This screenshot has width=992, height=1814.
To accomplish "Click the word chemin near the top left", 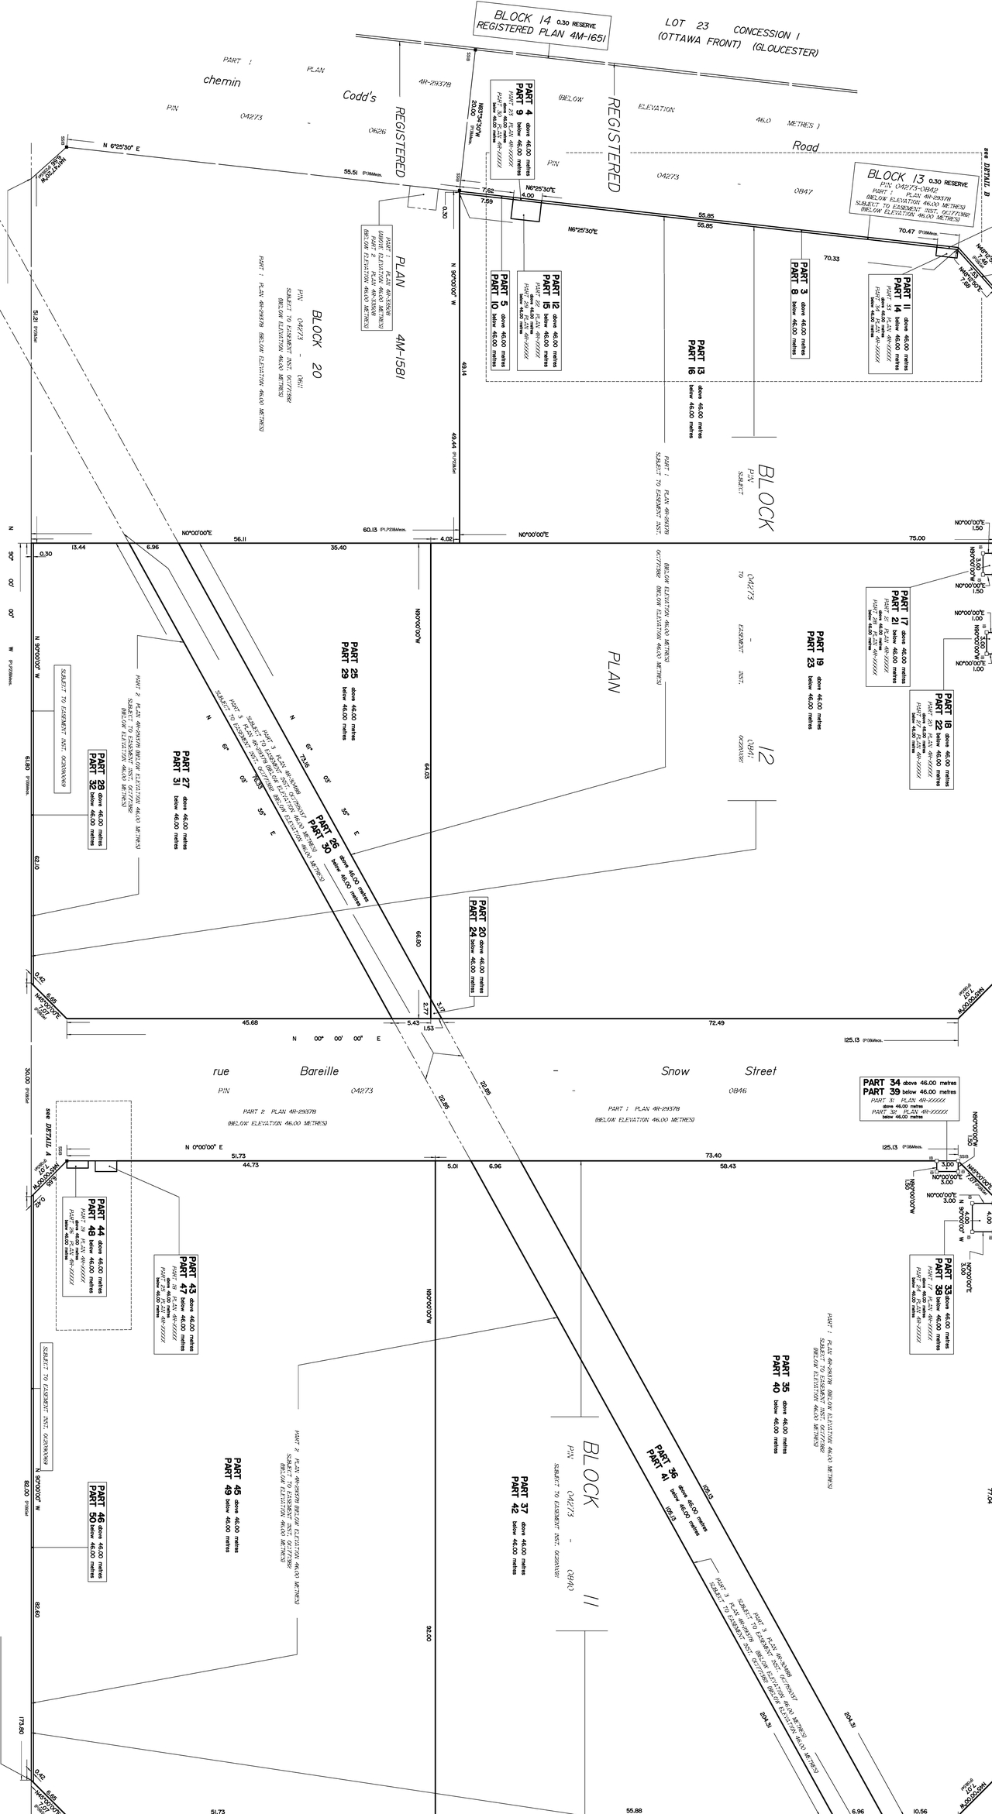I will [x=222, y=81].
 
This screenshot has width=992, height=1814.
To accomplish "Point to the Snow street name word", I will [x=675, y=1071].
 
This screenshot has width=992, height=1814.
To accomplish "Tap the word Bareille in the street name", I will [x=319, y=1071].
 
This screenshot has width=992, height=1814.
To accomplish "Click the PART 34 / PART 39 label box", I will [x=910, y=1098].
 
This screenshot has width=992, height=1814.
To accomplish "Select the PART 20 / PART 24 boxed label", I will [x=478, y=946].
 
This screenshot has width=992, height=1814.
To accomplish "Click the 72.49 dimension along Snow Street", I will [x=716, y=1023].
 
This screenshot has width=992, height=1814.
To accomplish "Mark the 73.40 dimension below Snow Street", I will [x=713, y=1156].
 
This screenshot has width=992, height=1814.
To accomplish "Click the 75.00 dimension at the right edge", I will [x=917, y=538].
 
